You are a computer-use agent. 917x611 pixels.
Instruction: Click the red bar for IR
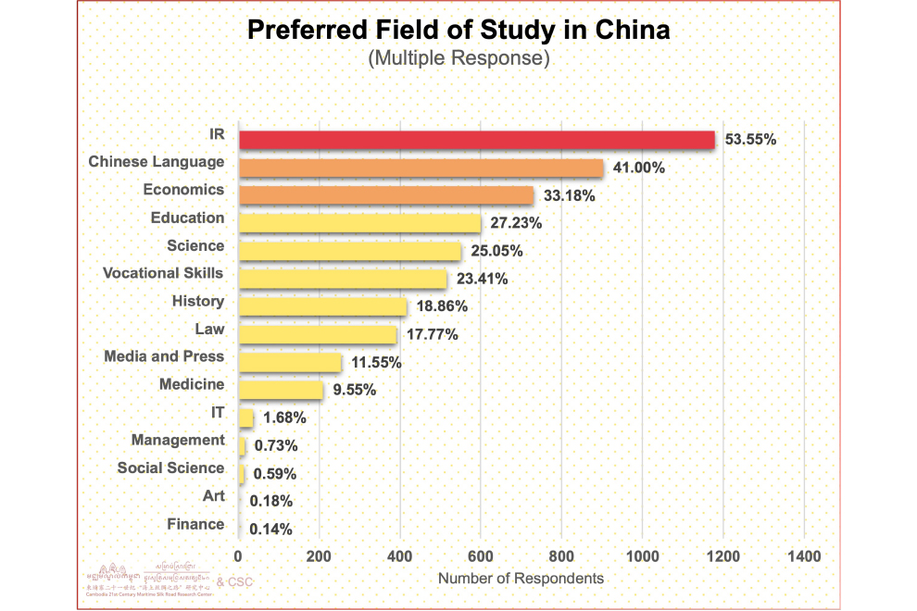click(477, 140)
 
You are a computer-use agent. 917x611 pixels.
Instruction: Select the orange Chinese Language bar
click(421, 168)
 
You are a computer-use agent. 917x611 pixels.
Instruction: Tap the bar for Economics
click(386, 195)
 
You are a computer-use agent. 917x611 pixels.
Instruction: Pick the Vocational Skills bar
click(343, 279)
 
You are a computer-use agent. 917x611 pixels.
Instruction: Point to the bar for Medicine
click(281, 390)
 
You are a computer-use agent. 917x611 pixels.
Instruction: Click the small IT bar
click(246, 418)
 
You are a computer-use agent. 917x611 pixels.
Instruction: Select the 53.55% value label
click(751, 140)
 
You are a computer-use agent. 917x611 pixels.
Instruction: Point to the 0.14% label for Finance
click(272, 530)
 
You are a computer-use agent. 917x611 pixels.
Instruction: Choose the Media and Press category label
click(164, 356)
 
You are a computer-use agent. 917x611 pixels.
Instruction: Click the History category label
click(198, 301)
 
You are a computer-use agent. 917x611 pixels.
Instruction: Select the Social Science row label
click(170, 468)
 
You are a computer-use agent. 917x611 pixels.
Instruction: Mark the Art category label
click(214, 496)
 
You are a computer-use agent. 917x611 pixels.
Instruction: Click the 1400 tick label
click(803, 556)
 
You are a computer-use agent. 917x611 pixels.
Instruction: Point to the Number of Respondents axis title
click(521, 579)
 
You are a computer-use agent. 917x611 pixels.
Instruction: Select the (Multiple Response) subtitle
click(458, 58)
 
